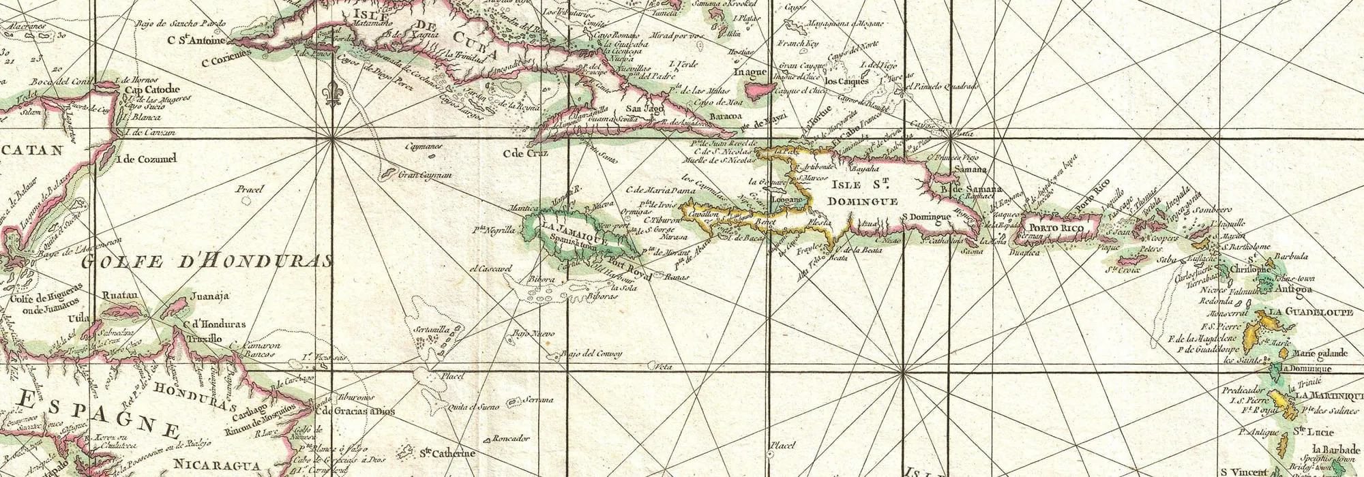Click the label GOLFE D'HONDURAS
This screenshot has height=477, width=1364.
click(207, 261)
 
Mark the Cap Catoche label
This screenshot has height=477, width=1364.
click(151, 89)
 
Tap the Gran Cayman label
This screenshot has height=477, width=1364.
click(425, 174)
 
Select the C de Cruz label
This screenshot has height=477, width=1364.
click(525, 153)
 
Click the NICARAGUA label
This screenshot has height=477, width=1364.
click(216, 465)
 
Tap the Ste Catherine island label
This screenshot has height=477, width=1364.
click(446, 453)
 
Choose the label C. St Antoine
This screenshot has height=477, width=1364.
click(196, 40)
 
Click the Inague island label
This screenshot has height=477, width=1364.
click(750, 72)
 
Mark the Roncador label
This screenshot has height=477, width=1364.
click(511, 438)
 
